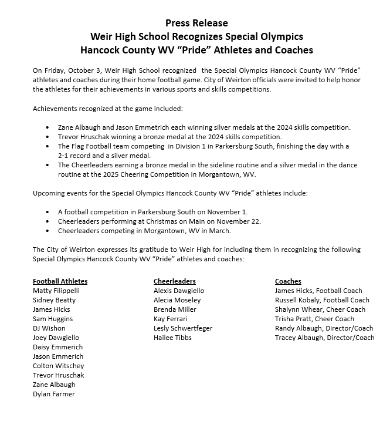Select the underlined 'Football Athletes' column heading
point(60,281)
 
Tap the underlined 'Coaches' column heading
point(288,281)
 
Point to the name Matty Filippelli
point(56,291)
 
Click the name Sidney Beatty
point(54,300)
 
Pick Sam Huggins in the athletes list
point(53,319)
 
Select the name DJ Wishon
point(49,328)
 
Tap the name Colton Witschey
point(58,366)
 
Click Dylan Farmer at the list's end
point(54,394)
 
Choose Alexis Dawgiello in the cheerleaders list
point(179,291)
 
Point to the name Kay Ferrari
point(171,319)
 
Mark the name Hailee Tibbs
point(172,338)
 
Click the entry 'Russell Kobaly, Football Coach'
point(322,300)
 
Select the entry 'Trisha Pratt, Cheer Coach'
point(314,319)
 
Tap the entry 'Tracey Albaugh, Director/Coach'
point(324,338)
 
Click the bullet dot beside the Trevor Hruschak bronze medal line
point(48,137)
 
